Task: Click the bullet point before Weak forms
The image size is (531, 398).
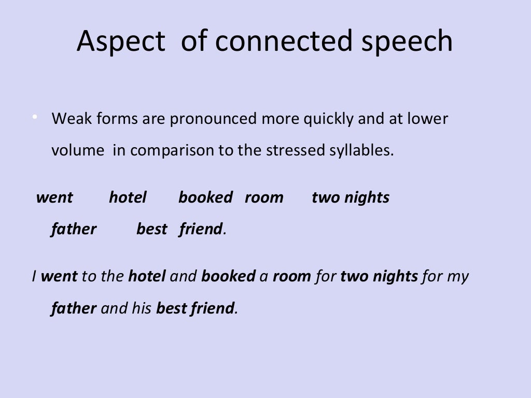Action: pos(35,118)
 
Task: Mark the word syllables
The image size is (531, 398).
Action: pos(361,151)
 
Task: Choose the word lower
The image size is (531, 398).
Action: pos(428,119)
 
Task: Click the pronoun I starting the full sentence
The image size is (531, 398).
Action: pos(34,276)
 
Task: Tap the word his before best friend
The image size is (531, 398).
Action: pos(144,308)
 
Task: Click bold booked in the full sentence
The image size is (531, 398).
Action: pos(228,276)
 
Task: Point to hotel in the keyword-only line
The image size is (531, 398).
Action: pos(128,197)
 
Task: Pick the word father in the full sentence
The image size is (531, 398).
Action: pos(74,308)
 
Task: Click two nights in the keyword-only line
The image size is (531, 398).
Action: pos(351,197)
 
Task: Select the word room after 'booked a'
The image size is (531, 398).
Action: pos(291,276)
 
